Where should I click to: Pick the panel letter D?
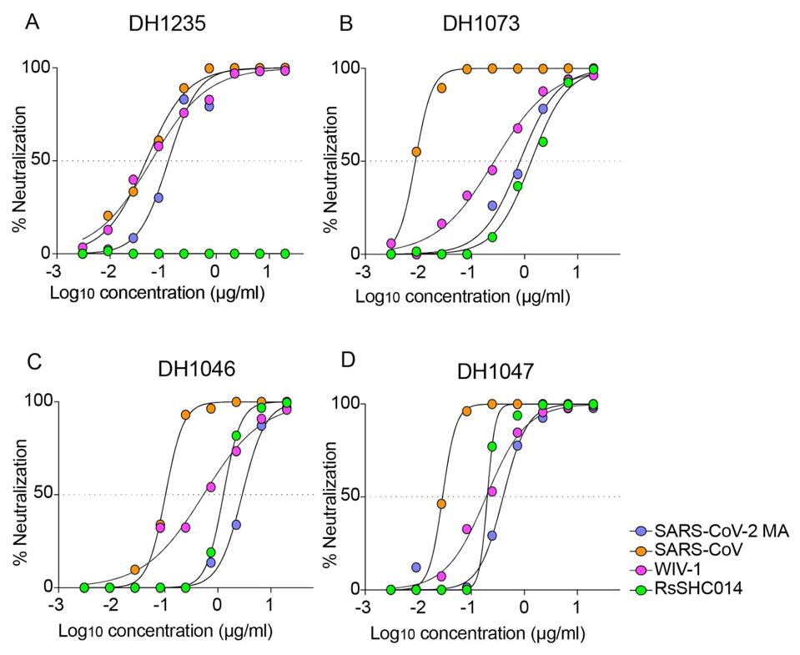point(350,359)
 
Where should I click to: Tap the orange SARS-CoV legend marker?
point(641,552)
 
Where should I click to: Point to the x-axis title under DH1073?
point(464,296)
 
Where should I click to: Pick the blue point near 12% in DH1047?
point(416,567)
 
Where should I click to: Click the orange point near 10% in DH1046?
point(135,569)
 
